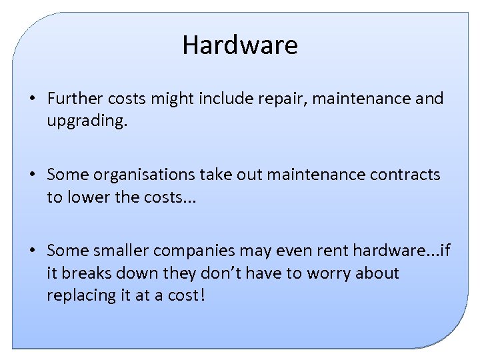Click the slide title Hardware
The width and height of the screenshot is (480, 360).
[240, 45]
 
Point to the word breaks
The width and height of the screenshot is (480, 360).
[86, 273]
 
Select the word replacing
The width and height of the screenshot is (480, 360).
[79, 295]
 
